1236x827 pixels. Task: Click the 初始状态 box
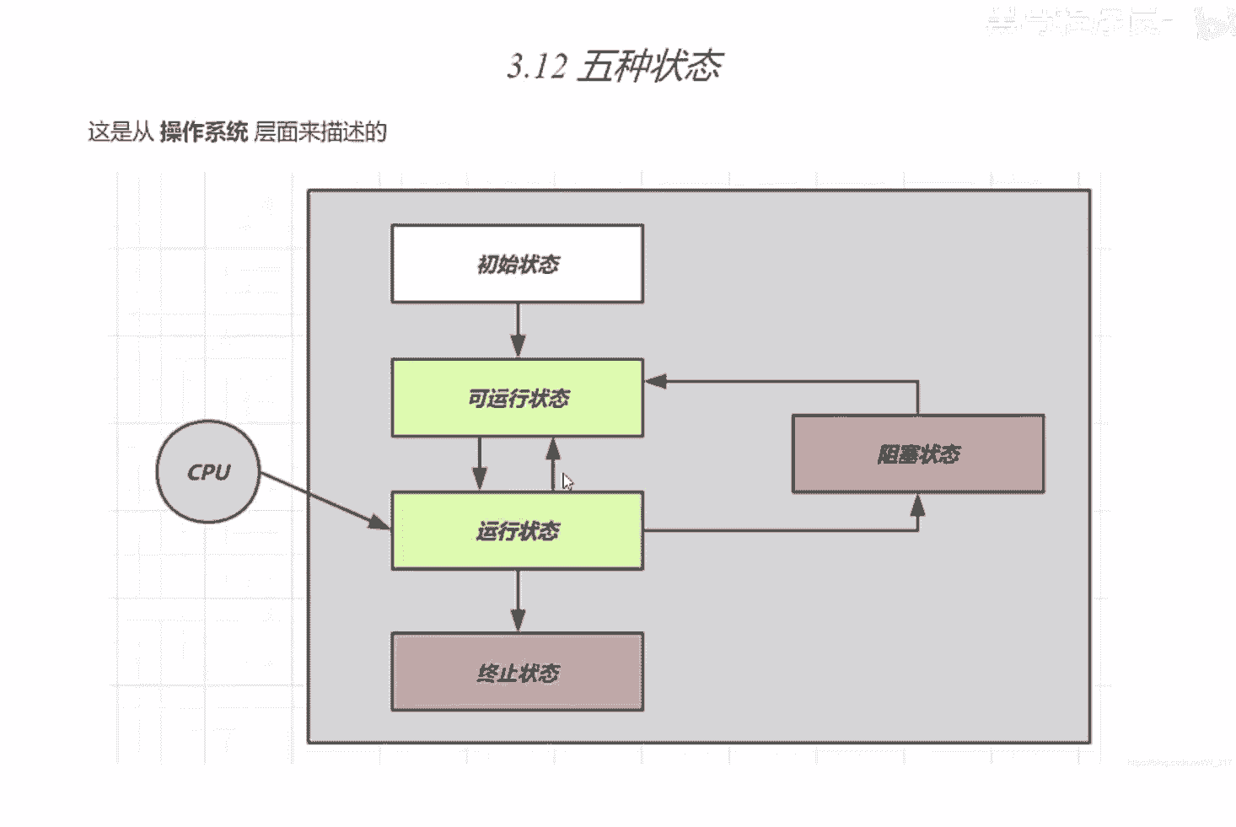click(517, 264)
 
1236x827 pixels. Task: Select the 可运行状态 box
click(517, 398)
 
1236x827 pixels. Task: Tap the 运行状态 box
click(517, 531)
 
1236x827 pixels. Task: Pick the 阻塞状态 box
click(918, 454)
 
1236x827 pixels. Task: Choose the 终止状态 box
click(517, 673)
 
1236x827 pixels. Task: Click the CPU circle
click(207, 472)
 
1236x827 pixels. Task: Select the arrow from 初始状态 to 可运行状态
click(518, 329)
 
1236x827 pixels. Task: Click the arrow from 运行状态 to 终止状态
click(518, 599)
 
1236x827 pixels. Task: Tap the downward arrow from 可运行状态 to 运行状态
click(479, 464)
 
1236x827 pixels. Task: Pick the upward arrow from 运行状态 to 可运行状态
click(553, 464)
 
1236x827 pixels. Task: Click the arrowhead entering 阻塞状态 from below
click(917, 506)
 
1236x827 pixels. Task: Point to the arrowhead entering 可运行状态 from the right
click(657, 381)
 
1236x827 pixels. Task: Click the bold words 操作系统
click(203, 132)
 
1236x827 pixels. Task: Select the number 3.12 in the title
click(537, 66)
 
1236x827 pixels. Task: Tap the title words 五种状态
click(650, 66)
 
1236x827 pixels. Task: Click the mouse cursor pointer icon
click(567, 481)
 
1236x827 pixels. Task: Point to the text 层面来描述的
click(320, 132)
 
